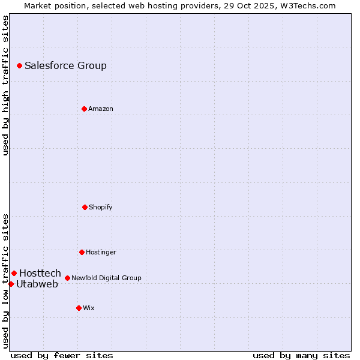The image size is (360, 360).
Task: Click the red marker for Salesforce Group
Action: tap(19, 65)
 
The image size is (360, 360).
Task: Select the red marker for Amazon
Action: tap(84, 109)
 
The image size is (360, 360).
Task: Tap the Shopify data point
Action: tap(85, 207)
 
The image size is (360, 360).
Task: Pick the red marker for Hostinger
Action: tap(82, 252)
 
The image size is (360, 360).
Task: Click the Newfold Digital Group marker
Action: tap(67, 278)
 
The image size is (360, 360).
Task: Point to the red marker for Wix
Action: tap(79, 308)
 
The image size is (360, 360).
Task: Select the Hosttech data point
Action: tap(14, 273)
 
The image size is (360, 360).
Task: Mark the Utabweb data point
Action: tap(11, 284)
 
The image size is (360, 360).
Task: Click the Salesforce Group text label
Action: tap(65, 66)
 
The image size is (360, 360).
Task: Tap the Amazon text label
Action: tap(101, 109)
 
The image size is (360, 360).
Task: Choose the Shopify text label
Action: tap(101, 208)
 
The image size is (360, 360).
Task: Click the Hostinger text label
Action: tap(101, 253)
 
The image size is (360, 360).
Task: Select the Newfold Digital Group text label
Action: tap(106, 278)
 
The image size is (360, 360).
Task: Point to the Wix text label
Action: tap(89, 308)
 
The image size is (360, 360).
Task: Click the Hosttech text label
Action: tap(40, 274)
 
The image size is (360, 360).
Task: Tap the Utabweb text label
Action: tap(37, 284)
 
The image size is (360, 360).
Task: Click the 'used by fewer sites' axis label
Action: tap(62, 355)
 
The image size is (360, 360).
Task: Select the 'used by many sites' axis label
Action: tap(301, 355)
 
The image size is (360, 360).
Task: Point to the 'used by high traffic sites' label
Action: tap(6, 85)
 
